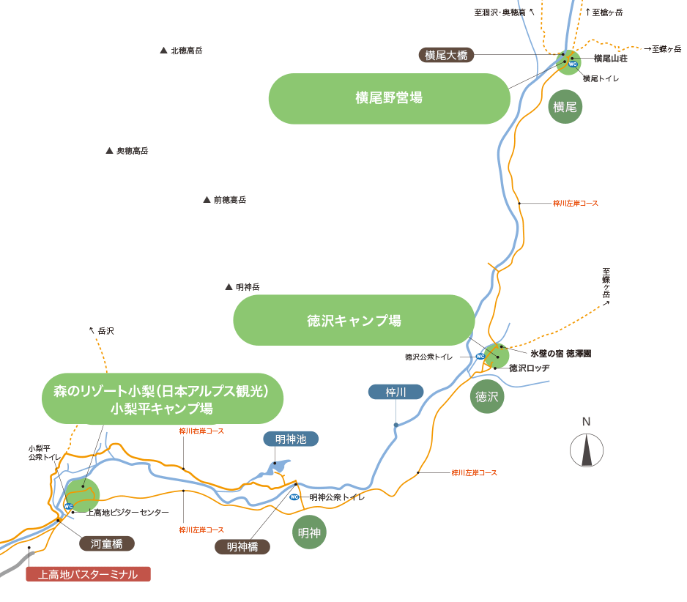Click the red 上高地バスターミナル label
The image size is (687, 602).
pos(88,574)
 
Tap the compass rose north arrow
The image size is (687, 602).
pos(587,450)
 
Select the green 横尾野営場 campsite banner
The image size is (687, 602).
pos(389,98)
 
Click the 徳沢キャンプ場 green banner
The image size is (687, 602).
pos(354,320)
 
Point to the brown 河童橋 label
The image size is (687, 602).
pos(107,543)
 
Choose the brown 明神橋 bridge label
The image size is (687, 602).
pos(242,546)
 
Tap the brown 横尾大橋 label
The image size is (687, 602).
pos(446,55)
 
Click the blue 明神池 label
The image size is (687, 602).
pos(291,439)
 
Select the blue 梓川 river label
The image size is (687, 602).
pos(396,392)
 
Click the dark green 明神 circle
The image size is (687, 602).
pos(309,532)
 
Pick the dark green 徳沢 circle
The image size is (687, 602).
pos(487,396)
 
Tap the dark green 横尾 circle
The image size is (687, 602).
pos(565,106)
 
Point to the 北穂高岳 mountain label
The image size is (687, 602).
pos(186,51)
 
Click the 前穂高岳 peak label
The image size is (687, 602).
pos(229,199)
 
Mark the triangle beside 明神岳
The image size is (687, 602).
pos(229,287)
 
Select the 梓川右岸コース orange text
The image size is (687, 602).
pos(201,431)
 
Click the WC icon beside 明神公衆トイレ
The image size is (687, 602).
pos(294,497)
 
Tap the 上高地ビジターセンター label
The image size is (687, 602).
pos(127,513)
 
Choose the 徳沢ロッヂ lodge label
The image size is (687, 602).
pos(529,368)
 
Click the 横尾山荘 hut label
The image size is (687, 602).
pos(610,59)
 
